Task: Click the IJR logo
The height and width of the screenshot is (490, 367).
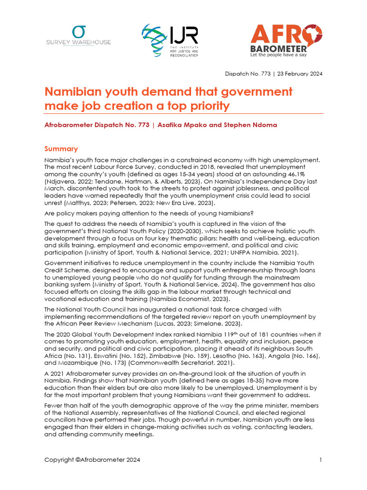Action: [170, 41]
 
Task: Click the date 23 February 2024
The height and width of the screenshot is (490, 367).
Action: [299, 74]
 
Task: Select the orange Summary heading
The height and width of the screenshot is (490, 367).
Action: [61, 149]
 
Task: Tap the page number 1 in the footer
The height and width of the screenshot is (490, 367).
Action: [321, 460]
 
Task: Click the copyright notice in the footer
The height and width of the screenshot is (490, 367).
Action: [92, 460]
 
